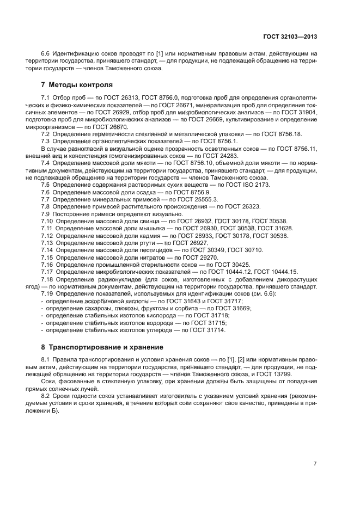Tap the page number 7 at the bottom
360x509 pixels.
click(315, 463)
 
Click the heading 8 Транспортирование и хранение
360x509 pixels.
click(106, 347)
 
